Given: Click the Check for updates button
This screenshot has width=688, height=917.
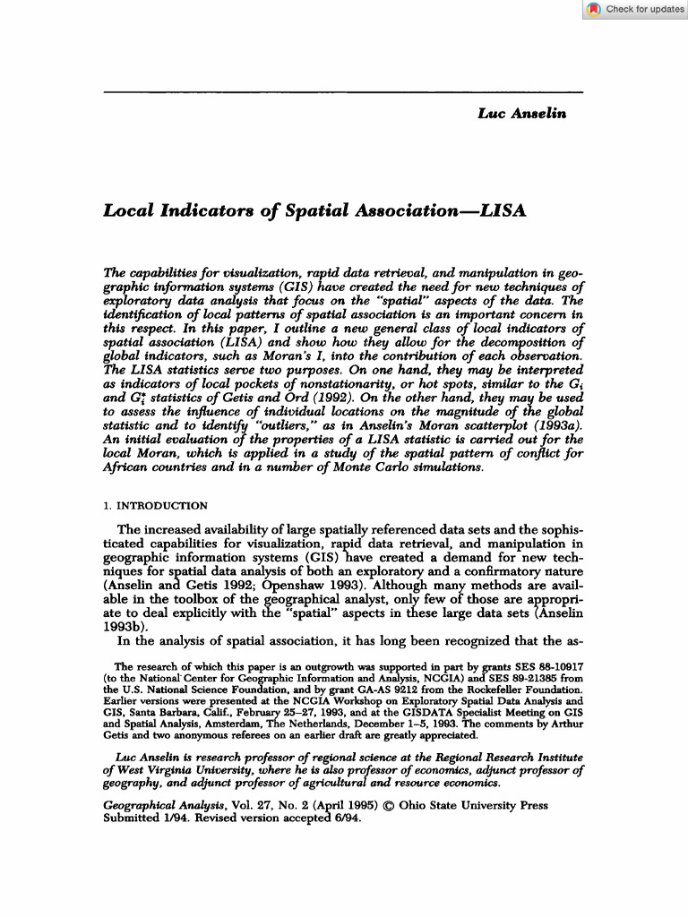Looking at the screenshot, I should click(x=635, y=9).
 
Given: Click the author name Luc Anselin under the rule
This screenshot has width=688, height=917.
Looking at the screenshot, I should click(x=522, y=113).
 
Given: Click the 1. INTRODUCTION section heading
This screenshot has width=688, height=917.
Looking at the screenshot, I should click(x=156, y=505).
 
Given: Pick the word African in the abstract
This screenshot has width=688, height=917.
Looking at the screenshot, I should click(x=130, y=467).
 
